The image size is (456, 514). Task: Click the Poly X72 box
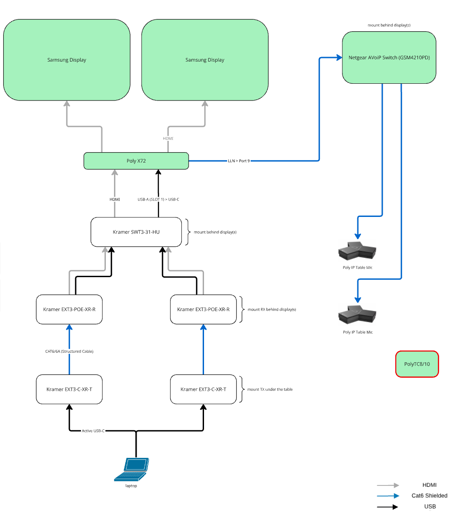136,161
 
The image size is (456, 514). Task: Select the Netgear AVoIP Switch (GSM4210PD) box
389,58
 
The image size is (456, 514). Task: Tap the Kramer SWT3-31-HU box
136,232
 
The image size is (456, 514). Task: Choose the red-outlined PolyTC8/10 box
417,364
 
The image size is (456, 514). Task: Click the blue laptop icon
132,469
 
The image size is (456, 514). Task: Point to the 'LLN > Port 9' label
238,161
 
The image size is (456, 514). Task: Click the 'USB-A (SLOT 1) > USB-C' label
158,199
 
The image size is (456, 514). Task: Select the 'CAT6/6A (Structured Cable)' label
69,351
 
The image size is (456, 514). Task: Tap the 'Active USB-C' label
93,431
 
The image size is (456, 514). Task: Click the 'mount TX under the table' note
270,389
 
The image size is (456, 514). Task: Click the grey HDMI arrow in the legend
388,485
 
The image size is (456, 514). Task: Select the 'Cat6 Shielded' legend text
429,496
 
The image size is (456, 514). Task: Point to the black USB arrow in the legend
388,507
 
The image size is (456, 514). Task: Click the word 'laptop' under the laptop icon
131,486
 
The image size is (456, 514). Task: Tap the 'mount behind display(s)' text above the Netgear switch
389,26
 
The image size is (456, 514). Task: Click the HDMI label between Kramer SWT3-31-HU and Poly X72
114,199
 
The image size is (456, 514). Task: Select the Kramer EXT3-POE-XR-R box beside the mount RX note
203,309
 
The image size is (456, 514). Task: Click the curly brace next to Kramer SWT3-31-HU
188,232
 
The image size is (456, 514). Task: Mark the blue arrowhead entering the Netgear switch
339,58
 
